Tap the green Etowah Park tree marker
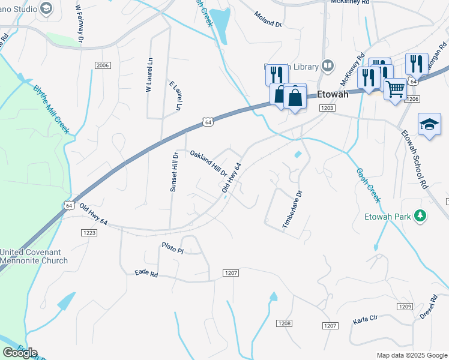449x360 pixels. click(x=421, y=215)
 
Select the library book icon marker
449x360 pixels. click(x=328, y=65)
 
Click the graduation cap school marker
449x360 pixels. click(x=429, y=124)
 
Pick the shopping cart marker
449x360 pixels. click(x=395, y=89)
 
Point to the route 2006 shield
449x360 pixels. click(x=103, y=65)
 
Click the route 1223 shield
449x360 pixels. click(x=89, y=233)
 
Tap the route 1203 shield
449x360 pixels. click(x=327, y=107)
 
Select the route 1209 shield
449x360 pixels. click(x=405, y=307)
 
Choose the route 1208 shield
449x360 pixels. click(x=285, y=323)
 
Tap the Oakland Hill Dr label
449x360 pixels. click(x=208, y=163)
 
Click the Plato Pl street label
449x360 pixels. click(x=172, y=247)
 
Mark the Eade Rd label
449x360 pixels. click(x=146, y=274)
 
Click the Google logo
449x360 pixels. click(x=20, y=353)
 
